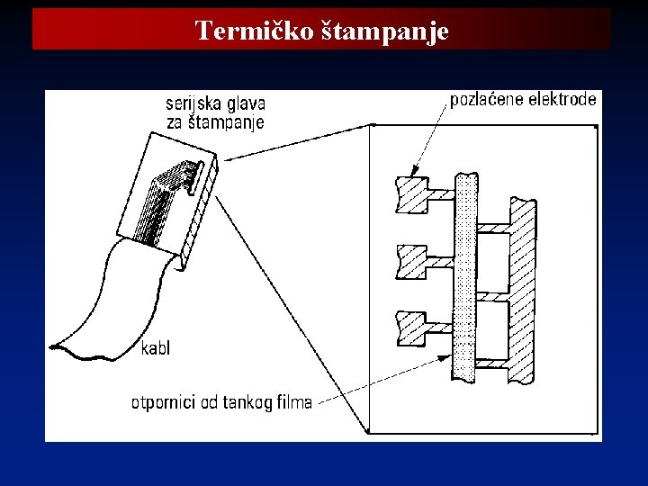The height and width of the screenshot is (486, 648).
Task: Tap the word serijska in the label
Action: [192, 104]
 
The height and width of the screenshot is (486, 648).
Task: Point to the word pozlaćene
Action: [487, 99]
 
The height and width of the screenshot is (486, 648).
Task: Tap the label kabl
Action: [156, 347]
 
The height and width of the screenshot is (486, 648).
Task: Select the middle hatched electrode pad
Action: [411, 261]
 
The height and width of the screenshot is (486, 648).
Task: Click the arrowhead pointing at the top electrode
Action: [414, 172]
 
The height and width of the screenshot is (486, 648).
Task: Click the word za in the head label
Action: [177, 123]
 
